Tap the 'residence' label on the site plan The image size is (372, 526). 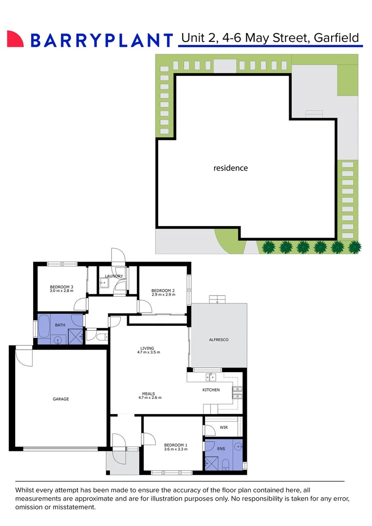[230, 168]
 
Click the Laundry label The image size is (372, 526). [114, 276]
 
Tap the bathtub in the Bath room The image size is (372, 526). [44, 326]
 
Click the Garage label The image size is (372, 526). [61, 399]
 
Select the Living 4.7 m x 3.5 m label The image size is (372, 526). [149, 350]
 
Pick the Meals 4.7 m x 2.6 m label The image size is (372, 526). [149, 395]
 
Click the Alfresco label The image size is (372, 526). [219, 339]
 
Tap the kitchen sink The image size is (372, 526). [211, 376]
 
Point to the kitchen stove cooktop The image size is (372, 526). [237, 393]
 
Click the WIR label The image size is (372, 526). [224, 427]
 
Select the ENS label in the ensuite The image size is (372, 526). [221, 449]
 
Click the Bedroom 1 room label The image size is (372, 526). [175, 447]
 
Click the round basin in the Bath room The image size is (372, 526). [58, 340]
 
